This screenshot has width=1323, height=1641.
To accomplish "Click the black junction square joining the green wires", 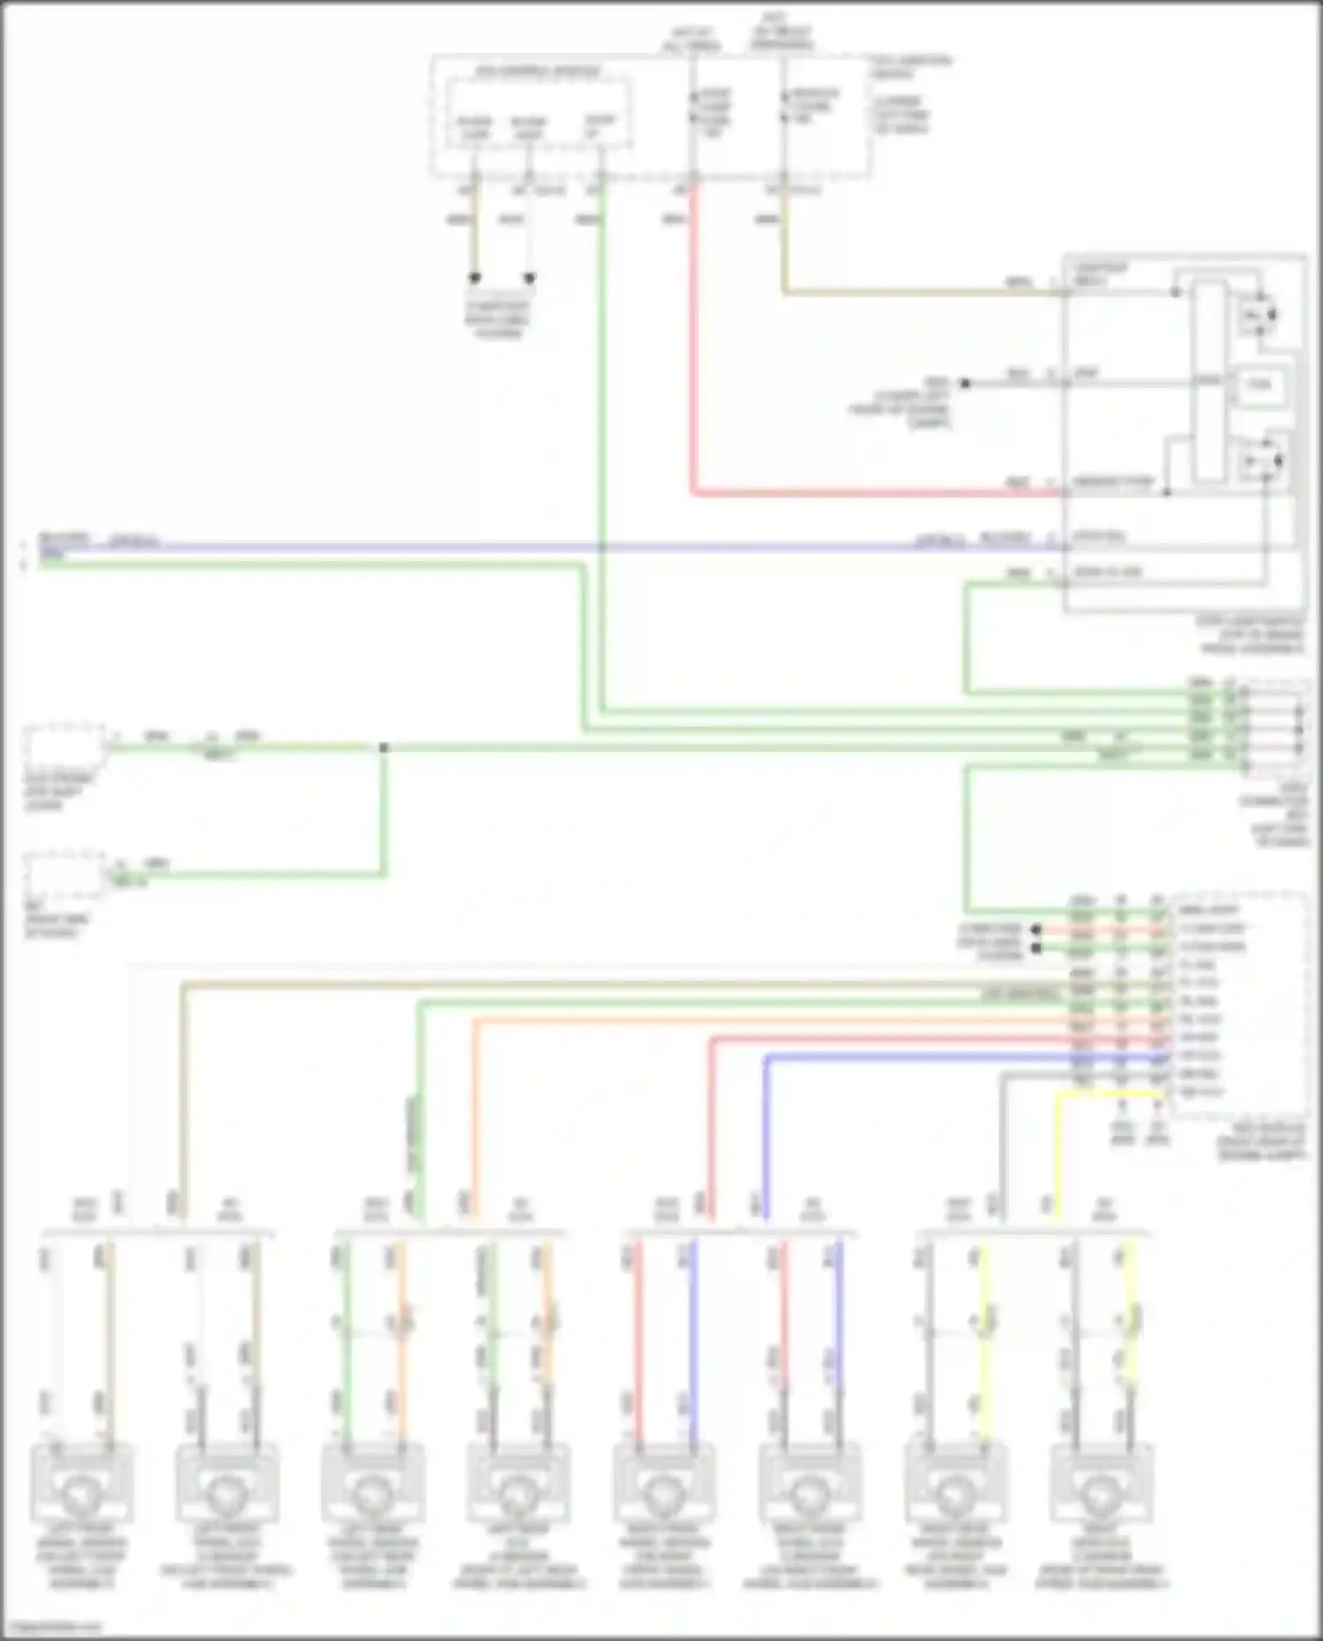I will tap(384, 748).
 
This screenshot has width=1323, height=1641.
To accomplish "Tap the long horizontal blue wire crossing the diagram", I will tap(529, 547).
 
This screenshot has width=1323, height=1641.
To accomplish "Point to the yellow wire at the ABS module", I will tap(1111, 1094).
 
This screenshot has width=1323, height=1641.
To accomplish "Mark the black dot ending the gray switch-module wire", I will tap(965, 384).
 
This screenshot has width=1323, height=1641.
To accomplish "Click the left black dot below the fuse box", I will tap(475, 278).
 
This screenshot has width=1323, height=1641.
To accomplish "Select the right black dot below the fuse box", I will tap(530, 278).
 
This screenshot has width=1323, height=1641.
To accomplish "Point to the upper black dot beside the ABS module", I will tap(1036, 929).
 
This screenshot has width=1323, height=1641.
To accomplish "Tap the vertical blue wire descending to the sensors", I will tap(766, 1138).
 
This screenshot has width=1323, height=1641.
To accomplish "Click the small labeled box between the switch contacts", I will tap(1259, 384).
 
